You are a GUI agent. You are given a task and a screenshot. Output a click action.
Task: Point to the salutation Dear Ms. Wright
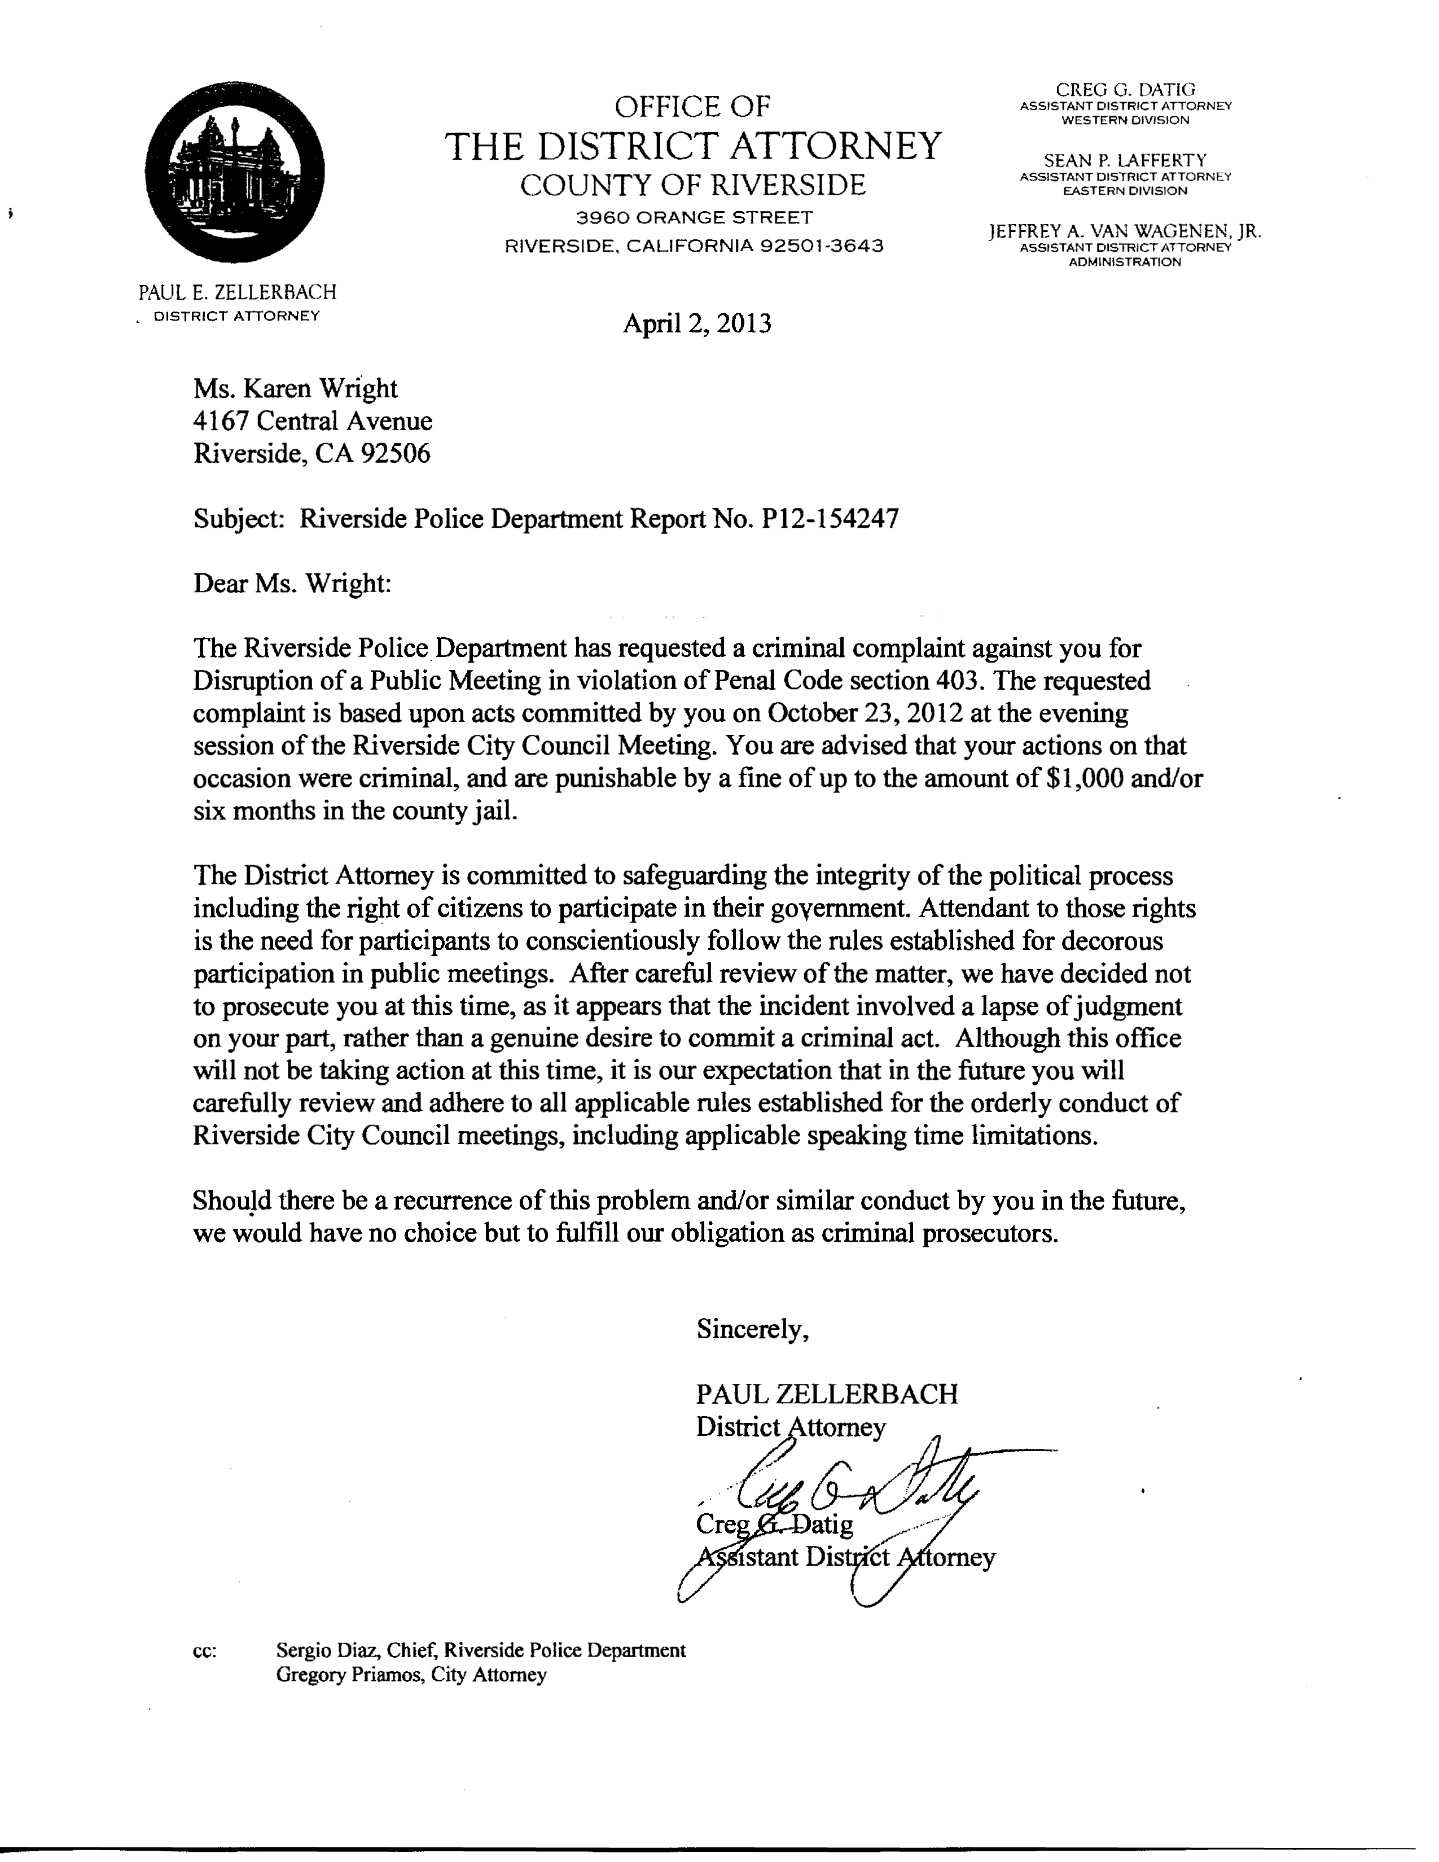(292, 584)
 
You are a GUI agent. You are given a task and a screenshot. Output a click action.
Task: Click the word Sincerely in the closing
(752, 1329)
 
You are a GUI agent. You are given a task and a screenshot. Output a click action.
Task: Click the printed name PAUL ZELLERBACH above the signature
(826, 1394)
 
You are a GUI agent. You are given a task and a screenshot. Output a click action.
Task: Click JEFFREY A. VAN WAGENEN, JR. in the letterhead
(1125, 231)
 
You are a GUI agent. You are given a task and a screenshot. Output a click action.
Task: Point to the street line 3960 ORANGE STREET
(694, 217)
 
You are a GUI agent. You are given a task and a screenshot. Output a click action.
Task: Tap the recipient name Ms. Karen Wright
(295, 389)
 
